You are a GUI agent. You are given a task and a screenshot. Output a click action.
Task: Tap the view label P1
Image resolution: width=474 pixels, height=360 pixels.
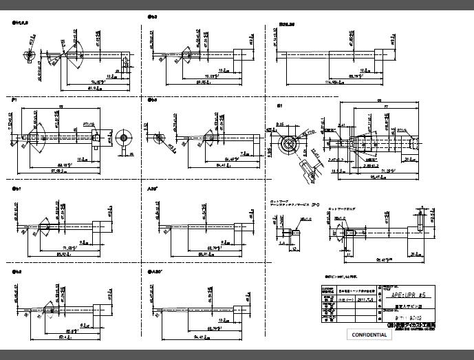[x=14, y=100]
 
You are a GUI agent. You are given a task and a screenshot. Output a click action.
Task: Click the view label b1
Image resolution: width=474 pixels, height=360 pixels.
[x=17, y=187]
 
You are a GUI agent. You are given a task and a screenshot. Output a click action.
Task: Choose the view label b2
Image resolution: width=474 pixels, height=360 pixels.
[x=17, y=273]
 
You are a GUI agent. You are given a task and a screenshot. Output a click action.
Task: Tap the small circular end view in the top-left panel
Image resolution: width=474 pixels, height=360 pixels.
[x=29, y=56]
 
